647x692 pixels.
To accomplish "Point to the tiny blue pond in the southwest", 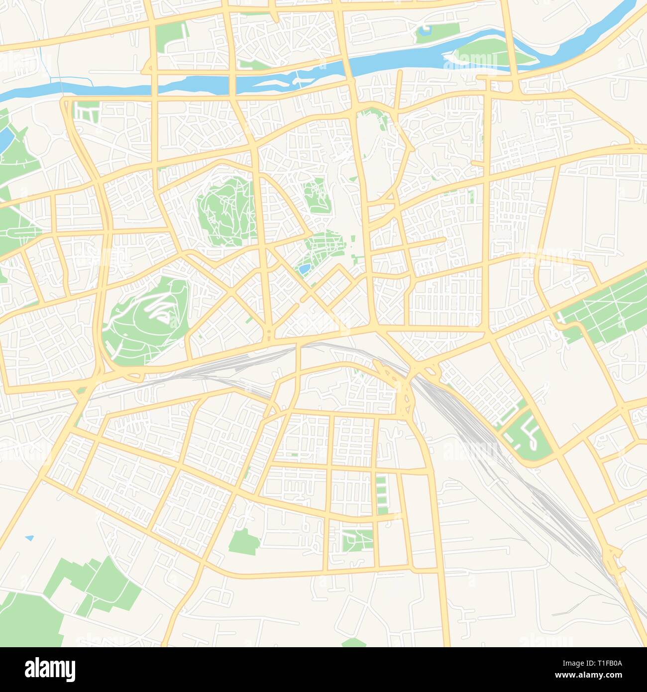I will click(x=30, y=538).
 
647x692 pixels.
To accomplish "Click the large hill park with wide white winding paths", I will click(x=144, y=319).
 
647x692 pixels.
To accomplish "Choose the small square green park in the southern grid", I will click(x=357, y=540).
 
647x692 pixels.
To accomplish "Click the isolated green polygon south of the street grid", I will click(x=244, y=542).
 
